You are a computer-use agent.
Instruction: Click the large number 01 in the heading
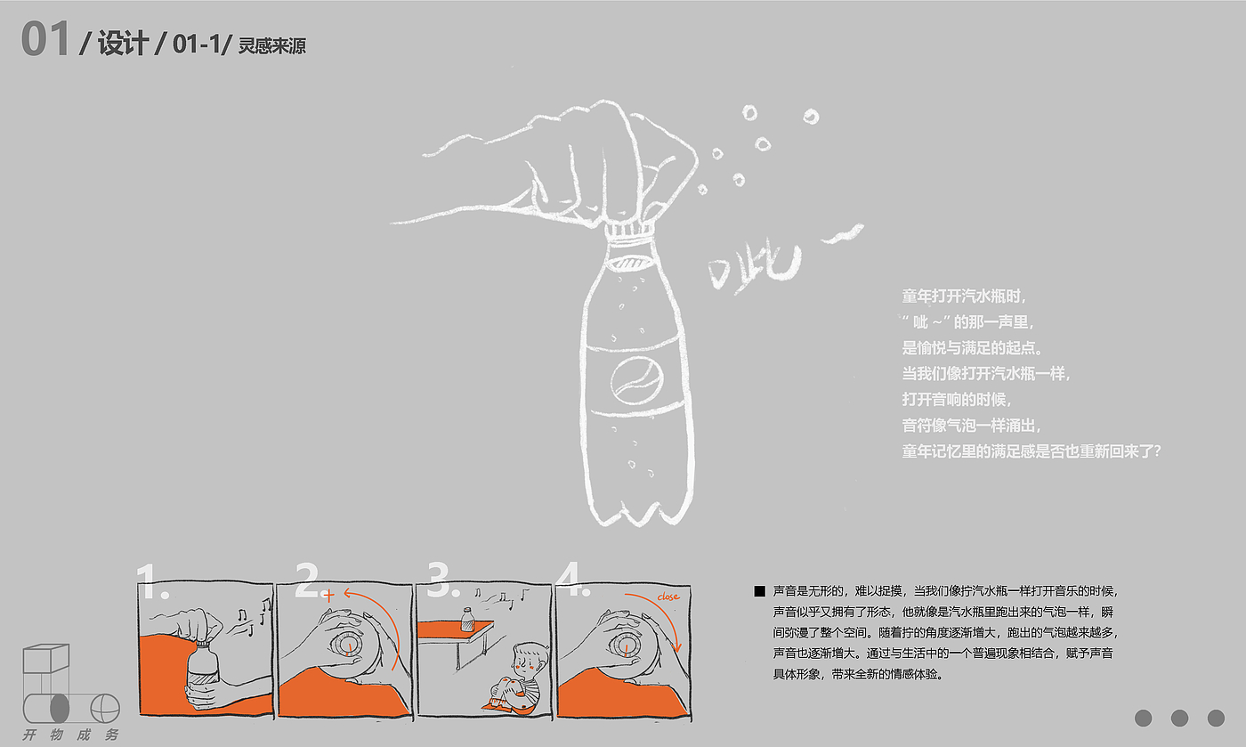[x=45, y=39]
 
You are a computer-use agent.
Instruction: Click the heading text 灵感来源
[x=272, y=45]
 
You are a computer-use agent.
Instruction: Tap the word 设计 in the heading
[x=123, y=43]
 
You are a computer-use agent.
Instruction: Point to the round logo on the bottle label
[x=637, y=381]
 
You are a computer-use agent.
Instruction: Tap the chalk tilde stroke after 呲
[x=844, y=234]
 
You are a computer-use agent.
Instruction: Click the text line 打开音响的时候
[x=956, y=399]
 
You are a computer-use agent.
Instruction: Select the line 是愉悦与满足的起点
[x=972, y=348]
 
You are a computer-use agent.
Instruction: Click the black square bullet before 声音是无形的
[x=759, y=591]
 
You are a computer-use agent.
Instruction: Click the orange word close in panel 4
[x=668, y=597]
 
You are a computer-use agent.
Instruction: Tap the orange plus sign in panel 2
[x=328, y=597]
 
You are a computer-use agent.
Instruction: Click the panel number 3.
[x=440, y=580]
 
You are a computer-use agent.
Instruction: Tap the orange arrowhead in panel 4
[x=676, y=646]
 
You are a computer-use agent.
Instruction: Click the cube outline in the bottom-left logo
[x=45, y=659]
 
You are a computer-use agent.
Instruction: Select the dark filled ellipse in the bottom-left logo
[x=60, y=709]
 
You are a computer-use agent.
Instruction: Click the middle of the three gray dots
[x=1179, y=718]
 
